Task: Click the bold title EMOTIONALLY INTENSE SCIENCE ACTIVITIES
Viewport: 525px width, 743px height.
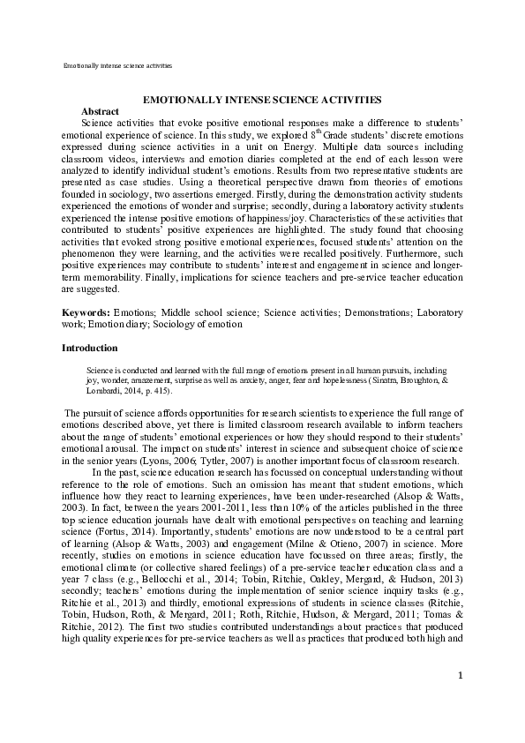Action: click(262, 101)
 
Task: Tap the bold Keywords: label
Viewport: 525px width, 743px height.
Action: click(86, 313)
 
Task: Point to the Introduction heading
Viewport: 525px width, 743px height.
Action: click(89, 349)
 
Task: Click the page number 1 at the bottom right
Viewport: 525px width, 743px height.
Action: click(460, 700)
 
